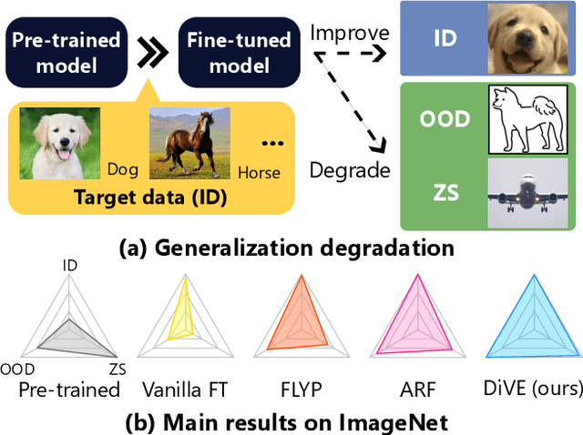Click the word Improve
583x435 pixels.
350,33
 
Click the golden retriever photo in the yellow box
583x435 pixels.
54,143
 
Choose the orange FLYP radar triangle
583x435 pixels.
300,323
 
